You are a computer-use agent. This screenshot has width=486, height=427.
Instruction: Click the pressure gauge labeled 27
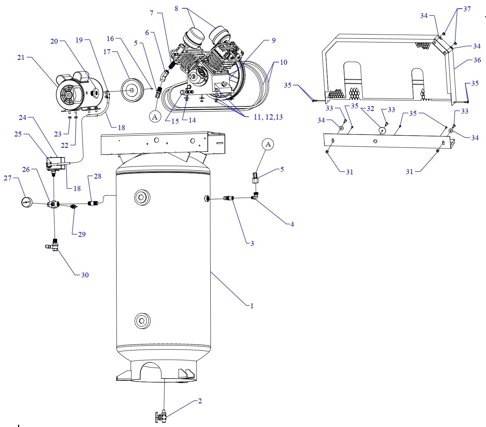click(x=27, y=202)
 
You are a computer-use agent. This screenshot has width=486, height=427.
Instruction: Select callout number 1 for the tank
click(x=252, y=306)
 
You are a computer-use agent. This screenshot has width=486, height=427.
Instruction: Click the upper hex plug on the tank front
click(x=142, y=197)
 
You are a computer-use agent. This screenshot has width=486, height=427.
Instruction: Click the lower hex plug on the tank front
click(x=142, y=321)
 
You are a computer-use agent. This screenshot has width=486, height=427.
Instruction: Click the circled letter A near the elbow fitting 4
click(x=268, y=144)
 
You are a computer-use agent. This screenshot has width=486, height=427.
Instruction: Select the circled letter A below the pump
click(x=155, y=117)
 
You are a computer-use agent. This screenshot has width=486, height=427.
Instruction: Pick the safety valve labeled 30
click(x=55, y=246)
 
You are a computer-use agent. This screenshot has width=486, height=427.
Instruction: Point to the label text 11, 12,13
click(x=268, y=117)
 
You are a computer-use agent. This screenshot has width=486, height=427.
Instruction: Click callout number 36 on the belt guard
click(x=477, y=60)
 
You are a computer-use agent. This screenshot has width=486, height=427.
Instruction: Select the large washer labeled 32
click(x=382, y=130)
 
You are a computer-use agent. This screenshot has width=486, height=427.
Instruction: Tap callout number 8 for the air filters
click(x=176, y=8)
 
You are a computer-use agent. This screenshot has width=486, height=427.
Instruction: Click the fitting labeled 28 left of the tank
click(x=93, y=203)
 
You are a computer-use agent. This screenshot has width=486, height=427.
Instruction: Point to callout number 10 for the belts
click(x=283, y=62)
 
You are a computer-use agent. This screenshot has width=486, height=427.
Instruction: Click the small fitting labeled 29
click(x=74, y=206)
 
